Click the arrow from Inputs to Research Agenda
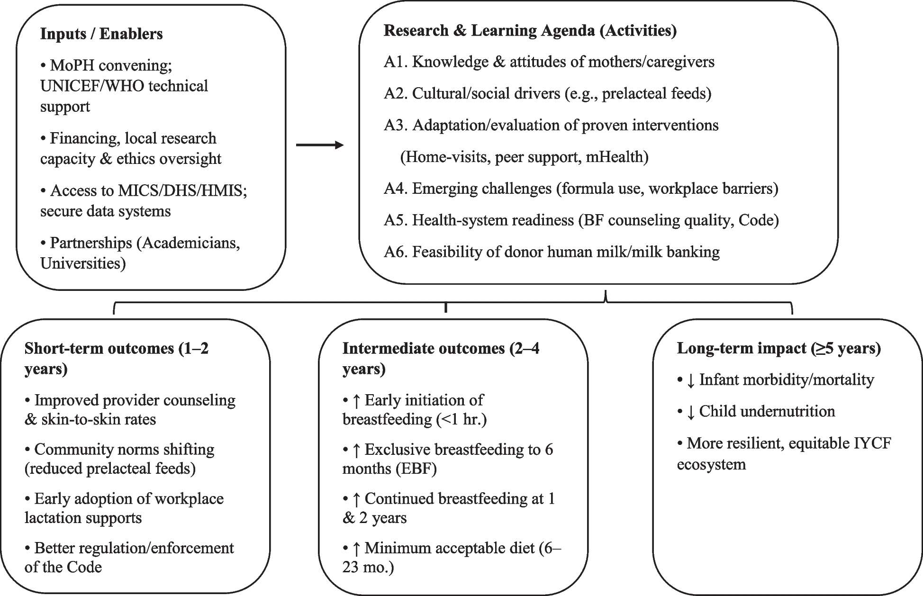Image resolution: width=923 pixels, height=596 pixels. (320, 145)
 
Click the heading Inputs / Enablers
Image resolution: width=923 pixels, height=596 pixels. (101, 34)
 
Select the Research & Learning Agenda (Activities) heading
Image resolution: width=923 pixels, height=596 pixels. (530, 30)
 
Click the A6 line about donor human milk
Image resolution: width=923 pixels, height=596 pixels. (552, 252)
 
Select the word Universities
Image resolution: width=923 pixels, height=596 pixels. (83, 263)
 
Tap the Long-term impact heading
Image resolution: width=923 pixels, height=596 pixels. (778, 348)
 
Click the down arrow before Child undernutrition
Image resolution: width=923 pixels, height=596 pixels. (690, 412)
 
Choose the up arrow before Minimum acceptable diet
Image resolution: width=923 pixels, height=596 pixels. (357, 549)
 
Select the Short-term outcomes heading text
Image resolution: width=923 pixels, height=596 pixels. (116, 349)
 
